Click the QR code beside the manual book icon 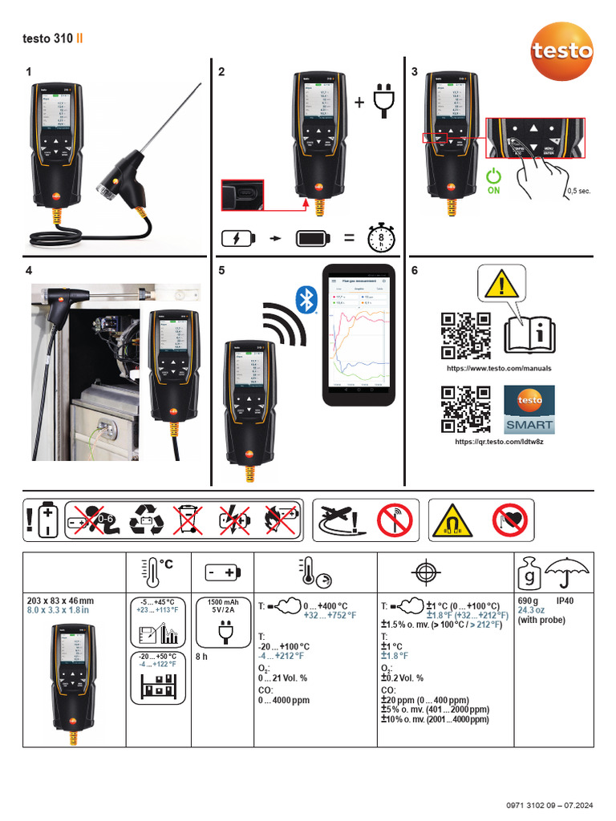pyautogui.click(x=465, y=336)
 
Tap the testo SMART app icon pyautogui.click(x=528, y=409)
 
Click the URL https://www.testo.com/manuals pyautogui.click(x=499, y=369)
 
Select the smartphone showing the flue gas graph pyautogui.click(x=359, y=335)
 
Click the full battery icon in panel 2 pyautogui.click(x=318, y=238)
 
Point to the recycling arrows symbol pyautogui.click(x=147, y=519)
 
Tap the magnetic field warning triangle pyautogui.click(x=449, y=520)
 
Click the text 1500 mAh pyautogui.click(x=222, y=601)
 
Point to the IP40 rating pyautogui.click(x=565, y=601)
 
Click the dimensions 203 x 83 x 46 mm pyautogui.click(x=60, y=601)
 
